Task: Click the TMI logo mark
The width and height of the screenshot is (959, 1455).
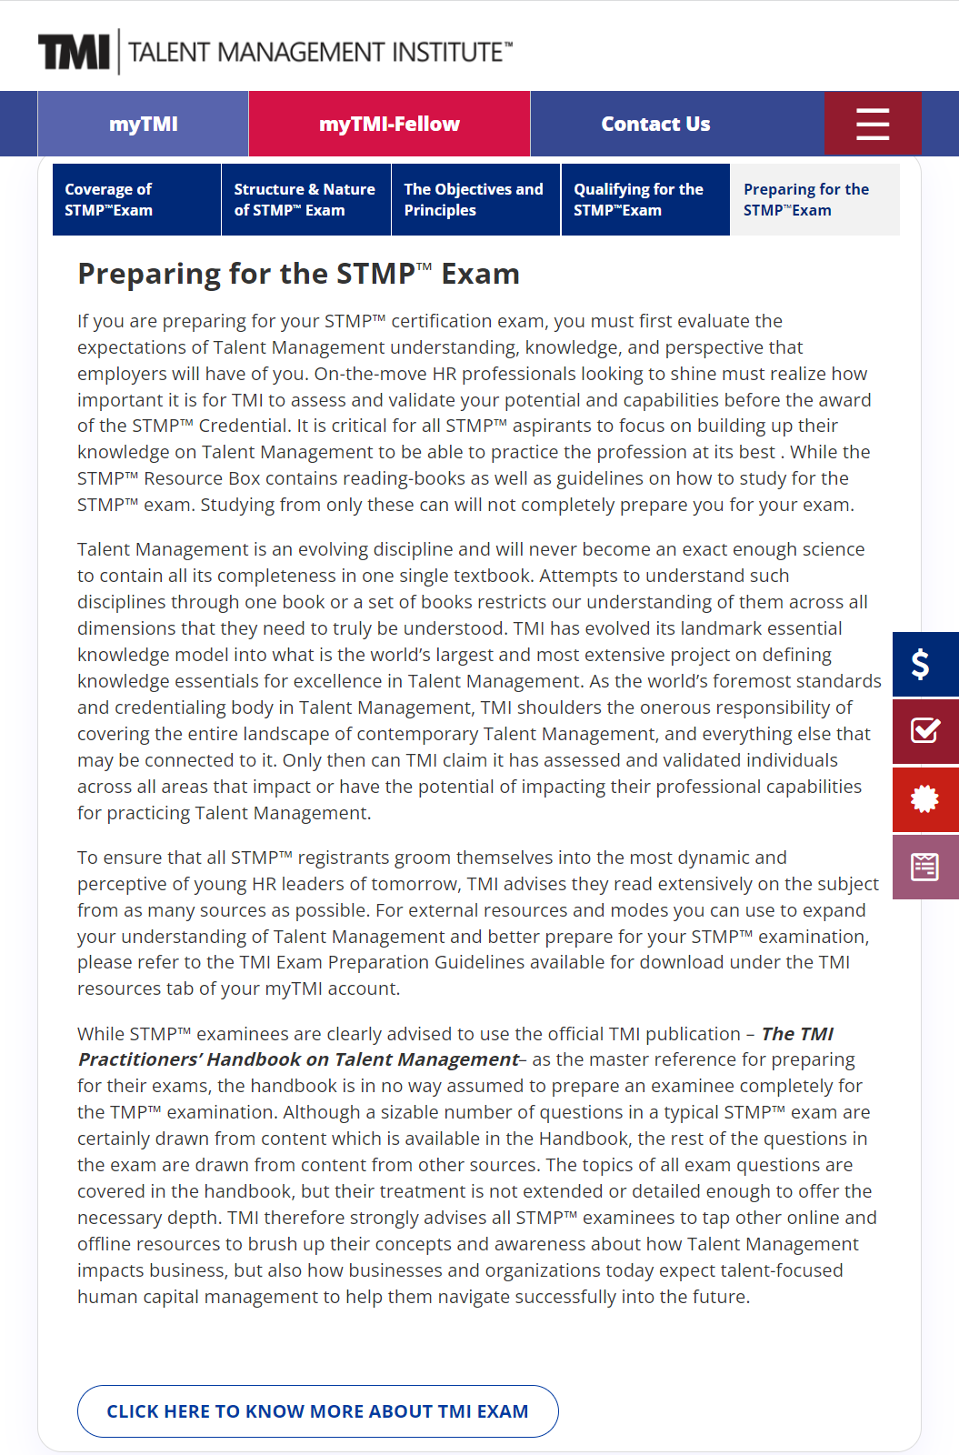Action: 74,52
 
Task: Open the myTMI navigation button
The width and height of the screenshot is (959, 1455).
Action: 143,124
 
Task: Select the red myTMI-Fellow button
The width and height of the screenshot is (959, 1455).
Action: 389,124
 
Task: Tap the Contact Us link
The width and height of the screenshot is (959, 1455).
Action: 655,124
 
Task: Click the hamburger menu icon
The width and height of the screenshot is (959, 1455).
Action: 873,124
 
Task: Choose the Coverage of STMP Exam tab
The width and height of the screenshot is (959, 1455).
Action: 136,199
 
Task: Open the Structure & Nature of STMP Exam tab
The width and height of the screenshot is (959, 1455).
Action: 305,199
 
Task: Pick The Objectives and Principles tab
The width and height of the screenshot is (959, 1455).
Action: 475,199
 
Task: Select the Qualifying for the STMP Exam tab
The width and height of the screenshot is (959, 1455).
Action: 644,199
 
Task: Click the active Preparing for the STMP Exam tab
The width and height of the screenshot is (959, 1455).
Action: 814,199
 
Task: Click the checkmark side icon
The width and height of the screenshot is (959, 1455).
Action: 924,730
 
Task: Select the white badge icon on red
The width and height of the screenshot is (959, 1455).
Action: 924,798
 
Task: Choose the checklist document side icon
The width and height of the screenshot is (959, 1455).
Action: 924,867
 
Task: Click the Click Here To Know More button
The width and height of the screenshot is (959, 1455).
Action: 317,1411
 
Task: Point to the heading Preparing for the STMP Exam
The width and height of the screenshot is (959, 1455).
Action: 298,274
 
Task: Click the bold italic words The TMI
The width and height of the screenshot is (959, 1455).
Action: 797,1034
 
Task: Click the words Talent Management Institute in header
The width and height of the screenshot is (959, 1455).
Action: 320,52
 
